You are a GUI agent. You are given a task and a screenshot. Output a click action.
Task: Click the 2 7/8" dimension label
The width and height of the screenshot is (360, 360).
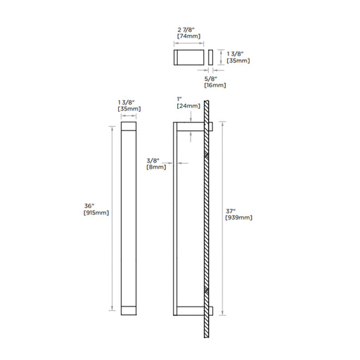pyautogui.click(x=186, y=30)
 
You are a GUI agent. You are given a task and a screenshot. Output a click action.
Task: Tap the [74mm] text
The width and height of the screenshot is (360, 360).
pyautogui.click(x=188, y=36)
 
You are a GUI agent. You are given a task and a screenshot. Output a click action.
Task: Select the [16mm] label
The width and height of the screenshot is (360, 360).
pyautogui.click(x=215, y=85)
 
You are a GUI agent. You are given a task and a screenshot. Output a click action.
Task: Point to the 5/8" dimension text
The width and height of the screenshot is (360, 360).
pyautogui.click(x=211, y=79)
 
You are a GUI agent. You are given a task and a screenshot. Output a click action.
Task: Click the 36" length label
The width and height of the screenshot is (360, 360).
pyautogui.click(x=89, y=206)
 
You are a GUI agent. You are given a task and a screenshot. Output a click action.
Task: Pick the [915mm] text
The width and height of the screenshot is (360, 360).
pyautogui.click(x=96, y=213)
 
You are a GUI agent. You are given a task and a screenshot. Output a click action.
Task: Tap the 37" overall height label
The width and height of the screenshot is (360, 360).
pyautogui.click(x=231, y=211)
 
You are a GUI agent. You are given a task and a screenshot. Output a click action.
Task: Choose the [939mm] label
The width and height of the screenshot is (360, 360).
pyautogui.click(x=238, y=218)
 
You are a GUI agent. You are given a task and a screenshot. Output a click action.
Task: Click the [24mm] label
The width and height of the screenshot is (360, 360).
pyautogui.click(x=188, y=106)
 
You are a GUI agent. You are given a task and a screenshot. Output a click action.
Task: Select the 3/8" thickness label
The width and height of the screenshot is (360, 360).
pyautogui.click(x=153, y=161)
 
